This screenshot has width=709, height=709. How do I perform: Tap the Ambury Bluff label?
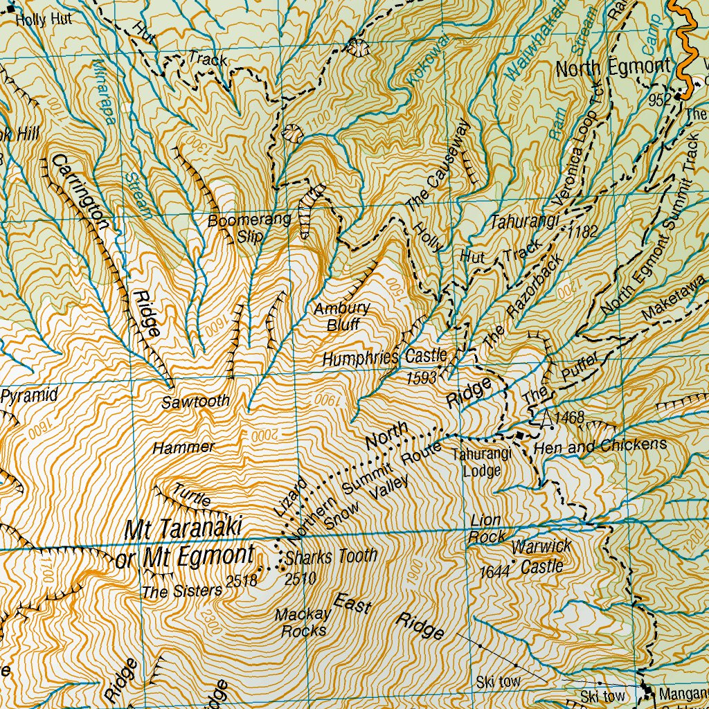(x=341, y=316)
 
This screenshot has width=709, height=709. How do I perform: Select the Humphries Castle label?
(x=384, y=358)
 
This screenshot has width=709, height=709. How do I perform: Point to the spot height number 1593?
(x=422, y=378)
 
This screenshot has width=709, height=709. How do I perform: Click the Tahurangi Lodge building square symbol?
(x=519, y=435)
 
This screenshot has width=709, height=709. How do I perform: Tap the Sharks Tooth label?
(x=331, y=556)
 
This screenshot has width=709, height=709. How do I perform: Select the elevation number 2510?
(x=300, y=579)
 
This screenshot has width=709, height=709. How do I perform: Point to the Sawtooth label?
(x=195, y=402)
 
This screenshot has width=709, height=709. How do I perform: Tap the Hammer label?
(x=183, y=448)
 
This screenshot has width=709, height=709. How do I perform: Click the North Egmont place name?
(x=613, y=68)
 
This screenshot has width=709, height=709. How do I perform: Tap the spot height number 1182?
(x=582, y=232)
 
